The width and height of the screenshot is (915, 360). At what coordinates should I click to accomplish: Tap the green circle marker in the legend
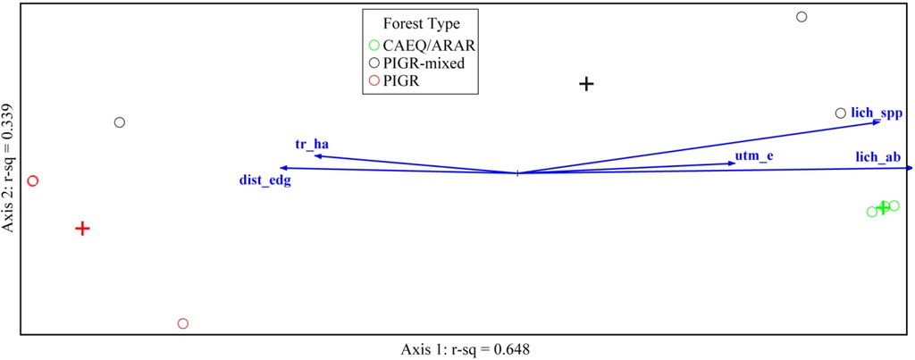[374, 46]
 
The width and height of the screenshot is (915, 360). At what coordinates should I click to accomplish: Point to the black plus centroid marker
[586, 84]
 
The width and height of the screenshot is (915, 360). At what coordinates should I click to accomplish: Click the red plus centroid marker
[82, 229]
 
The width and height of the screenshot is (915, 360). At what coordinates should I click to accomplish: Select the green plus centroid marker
[884, 207]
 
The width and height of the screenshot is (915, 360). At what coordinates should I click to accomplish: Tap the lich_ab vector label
[877, 157]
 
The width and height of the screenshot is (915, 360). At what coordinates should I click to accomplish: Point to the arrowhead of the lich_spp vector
[878, 121]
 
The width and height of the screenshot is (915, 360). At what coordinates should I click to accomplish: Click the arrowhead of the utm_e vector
[729, 163]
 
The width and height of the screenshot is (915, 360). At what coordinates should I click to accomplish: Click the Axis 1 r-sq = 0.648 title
[466, 348]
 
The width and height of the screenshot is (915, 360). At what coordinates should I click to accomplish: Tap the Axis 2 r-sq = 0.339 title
[9, 168]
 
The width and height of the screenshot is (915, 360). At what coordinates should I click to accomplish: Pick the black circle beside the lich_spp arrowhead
[840, 113]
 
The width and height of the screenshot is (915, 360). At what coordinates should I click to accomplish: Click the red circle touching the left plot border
[33, 180]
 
